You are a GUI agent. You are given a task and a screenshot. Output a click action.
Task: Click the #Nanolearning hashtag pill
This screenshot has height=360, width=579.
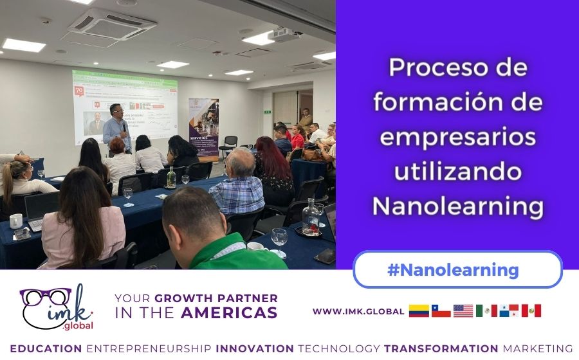click(457, 269)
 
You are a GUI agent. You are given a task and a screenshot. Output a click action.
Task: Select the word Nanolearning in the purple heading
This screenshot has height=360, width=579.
click(457, 206)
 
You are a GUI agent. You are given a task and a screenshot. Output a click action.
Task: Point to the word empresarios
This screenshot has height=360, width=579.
click(457, 137)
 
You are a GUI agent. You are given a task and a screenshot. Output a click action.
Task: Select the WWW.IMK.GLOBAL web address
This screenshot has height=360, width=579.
click(358, 311)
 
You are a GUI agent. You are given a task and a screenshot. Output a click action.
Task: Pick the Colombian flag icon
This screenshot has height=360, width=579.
click(419, 311)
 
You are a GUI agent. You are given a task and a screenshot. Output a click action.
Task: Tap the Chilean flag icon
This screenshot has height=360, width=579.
click(441, 311)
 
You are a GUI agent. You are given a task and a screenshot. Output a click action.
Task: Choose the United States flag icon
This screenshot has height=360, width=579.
click(463, 311)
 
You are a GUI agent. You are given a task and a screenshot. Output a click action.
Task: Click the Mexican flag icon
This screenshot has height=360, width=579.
click(486, 311)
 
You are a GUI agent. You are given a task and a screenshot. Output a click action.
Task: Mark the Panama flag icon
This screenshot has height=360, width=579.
click(508, 311)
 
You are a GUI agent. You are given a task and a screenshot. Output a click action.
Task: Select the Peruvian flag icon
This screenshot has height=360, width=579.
click(531, 311)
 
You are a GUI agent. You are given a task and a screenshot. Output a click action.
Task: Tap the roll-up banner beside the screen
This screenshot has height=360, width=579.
click(203, 129)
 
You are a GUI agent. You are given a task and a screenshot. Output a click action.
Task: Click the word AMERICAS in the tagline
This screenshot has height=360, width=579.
click(229, 313)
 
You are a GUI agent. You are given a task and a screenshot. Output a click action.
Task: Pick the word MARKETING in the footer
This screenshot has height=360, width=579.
click(537, 348)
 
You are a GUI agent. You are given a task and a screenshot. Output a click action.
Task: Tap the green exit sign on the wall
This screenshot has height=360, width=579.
click(268, 111)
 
